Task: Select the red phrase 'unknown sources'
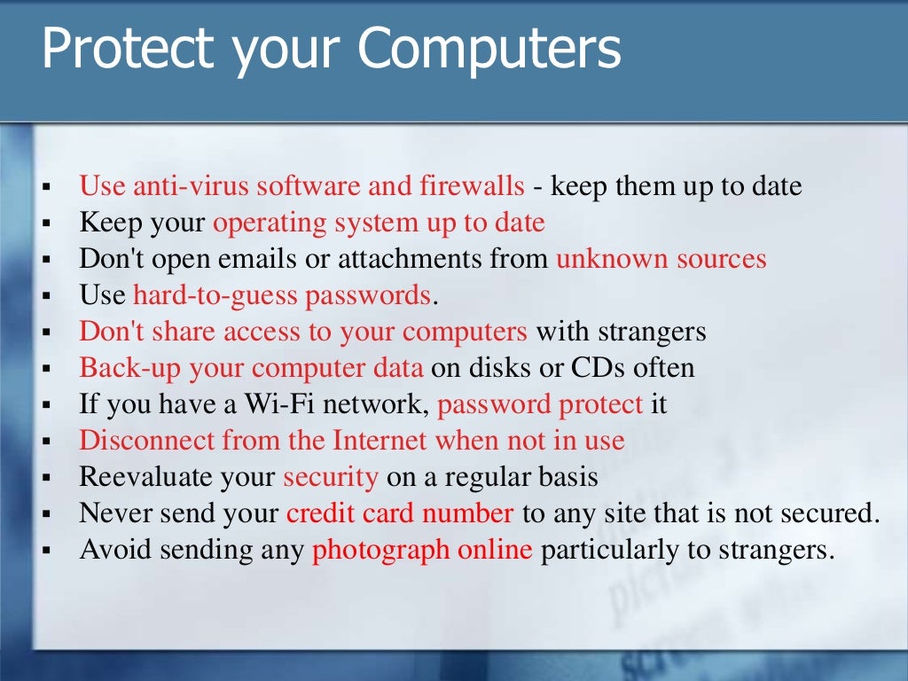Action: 661,259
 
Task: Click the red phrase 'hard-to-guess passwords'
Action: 282,295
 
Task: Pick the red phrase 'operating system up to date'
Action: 379,223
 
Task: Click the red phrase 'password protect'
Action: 540,404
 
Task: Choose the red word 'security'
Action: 331,477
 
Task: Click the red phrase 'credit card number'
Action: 400,513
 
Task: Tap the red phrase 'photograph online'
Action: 423,550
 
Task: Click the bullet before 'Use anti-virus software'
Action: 45,188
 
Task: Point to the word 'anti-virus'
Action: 174,186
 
